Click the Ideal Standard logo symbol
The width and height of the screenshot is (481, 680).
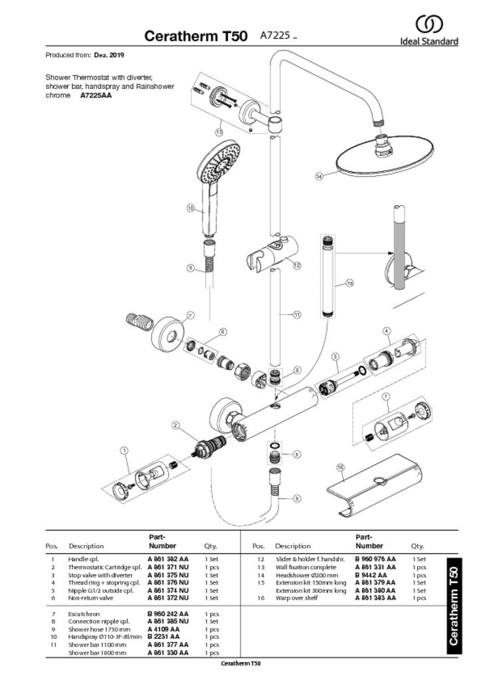(429, 25)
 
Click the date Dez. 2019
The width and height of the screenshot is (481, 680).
(109, 55)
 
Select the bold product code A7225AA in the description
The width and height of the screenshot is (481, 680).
(96, 96)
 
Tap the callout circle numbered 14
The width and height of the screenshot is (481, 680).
(319, 176)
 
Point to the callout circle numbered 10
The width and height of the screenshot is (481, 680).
(191, 208)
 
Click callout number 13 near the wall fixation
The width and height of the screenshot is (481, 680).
(220, 124)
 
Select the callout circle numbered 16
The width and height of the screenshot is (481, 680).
(340, 467)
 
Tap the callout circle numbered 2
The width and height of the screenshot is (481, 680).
(175, 425)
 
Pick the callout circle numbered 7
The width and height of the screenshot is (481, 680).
(191, 315)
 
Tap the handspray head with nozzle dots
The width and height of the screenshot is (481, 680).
(218, 163)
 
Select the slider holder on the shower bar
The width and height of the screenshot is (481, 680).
(272, 256)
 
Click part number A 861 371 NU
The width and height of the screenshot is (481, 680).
(168, 567)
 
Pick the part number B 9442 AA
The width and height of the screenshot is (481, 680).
(371, 575)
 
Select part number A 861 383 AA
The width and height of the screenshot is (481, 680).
(375, 598)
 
